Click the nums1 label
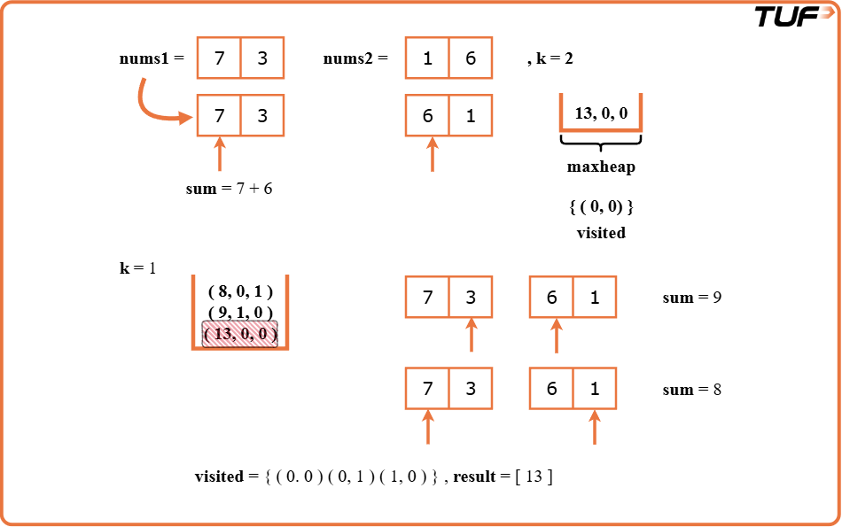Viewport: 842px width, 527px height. click(x=152, y=59)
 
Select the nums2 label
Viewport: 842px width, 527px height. click(x=355, y=59)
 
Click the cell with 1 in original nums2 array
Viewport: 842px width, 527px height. click(x=428, y=59)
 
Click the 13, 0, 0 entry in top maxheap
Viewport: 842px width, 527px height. click(x=601, y=112)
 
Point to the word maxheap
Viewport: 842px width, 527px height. click(x=601, y=167)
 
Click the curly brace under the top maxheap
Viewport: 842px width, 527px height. click(x=601, y=143)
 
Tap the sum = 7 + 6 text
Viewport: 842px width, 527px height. click(x=229, y=189)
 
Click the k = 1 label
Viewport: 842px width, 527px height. click(x=137, y=267)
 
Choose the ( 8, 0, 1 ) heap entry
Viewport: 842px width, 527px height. click(x=240, y=291)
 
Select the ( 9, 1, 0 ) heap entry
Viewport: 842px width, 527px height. click(x=240, y=312)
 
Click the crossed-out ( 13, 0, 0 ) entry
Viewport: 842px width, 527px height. click(x=240, y=334)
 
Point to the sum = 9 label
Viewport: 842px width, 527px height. click(x=691, y=298)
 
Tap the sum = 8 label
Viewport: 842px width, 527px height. click(x=691, y=390)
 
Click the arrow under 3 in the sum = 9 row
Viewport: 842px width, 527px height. click(x=471, y=336)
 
